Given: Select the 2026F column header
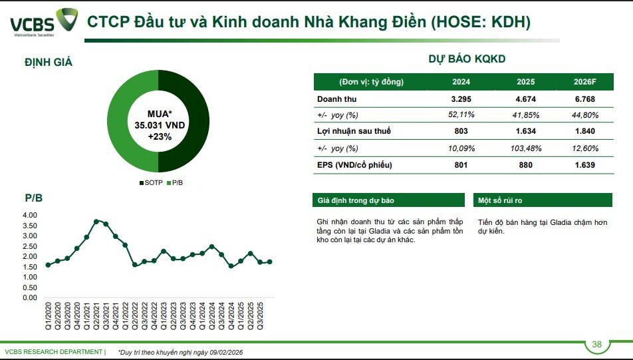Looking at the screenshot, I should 584,83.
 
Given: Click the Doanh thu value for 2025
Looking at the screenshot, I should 525,99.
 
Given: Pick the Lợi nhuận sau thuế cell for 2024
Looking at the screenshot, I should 461,132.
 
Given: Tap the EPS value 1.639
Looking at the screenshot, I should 584,164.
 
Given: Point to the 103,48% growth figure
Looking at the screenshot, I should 525,148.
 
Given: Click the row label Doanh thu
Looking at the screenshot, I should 335,99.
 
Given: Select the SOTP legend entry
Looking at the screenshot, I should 150,182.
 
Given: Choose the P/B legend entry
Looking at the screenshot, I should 175,182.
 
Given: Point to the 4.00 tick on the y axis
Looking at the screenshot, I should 31,216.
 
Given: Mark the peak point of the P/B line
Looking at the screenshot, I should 96,221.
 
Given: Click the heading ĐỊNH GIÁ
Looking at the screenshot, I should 49,63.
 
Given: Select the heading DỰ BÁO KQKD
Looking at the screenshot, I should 467,59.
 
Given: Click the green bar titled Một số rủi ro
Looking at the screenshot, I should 543,200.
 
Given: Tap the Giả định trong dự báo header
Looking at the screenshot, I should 388,200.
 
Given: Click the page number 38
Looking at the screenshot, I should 596,344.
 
